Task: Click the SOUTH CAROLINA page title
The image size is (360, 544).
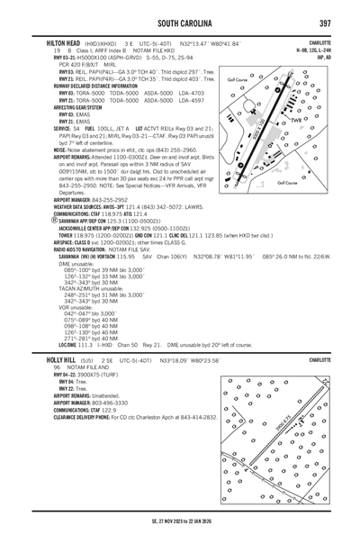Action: point(179,21)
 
